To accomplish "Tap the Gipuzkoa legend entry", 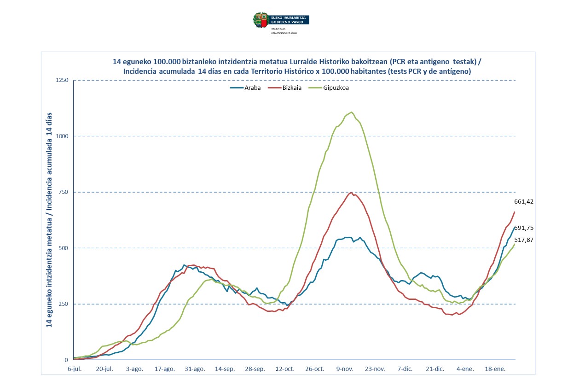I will click(336, 88).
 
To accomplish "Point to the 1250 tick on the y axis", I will click(62, 81).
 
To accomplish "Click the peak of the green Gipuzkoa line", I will click(352, 112).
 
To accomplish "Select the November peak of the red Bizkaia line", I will click(351, 193).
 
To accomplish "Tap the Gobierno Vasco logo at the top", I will click(281, 20).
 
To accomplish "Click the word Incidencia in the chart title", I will click(141, 71).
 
